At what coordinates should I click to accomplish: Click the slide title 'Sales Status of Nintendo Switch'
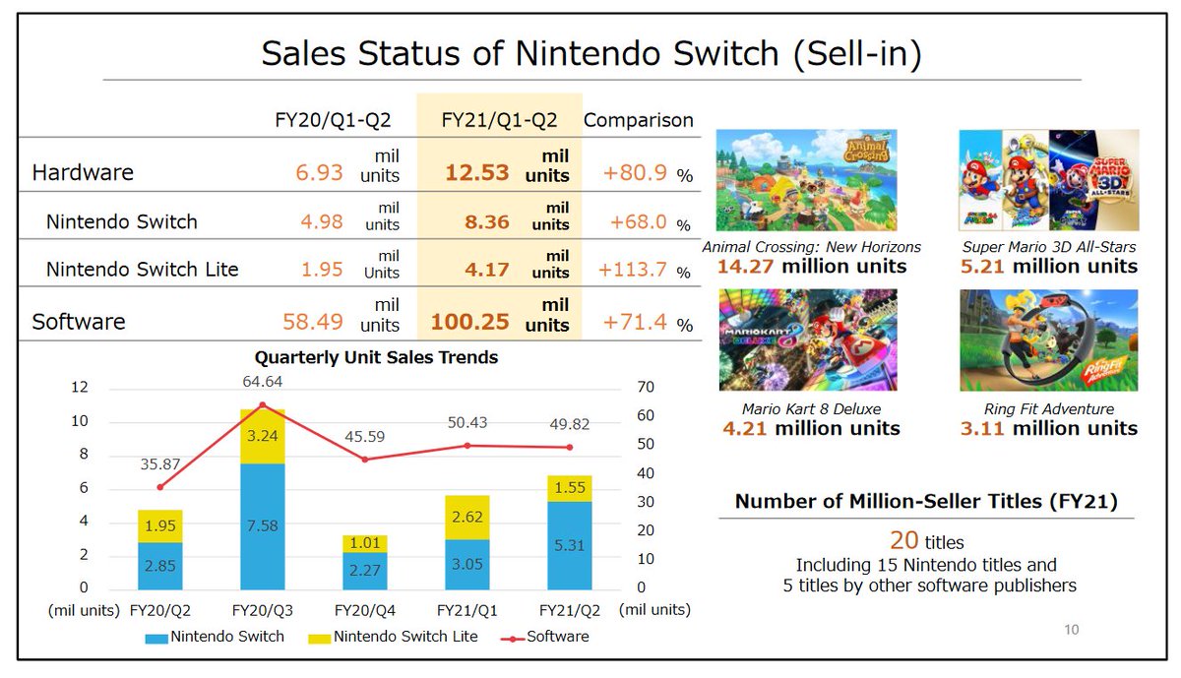(x=590, y=54)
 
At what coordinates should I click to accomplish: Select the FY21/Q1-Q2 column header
(x=499, y=120)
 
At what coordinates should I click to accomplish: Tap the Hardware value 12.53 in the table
(x=476, y=173)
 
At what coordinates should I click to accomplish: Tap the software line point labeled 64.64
(x=262, y=404)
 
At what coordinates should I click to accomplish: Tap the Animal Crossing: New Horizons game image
(x=807, y=182)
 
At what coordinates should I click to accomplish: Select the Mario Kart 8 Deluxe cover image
(x=807, y=339)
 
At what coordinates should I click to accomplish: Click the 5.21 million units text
(x=1048, y=267)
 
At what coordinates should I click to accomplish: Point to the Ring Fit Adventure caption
(x=1048, y=408)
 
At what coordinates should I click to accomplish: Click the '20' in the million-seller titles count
(x=903, y=540)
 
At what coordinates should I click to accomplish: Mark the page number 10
(x=1071, y=630)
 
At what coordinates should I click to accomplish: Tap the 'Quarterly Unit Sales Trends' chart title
(x=376, y=357)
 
